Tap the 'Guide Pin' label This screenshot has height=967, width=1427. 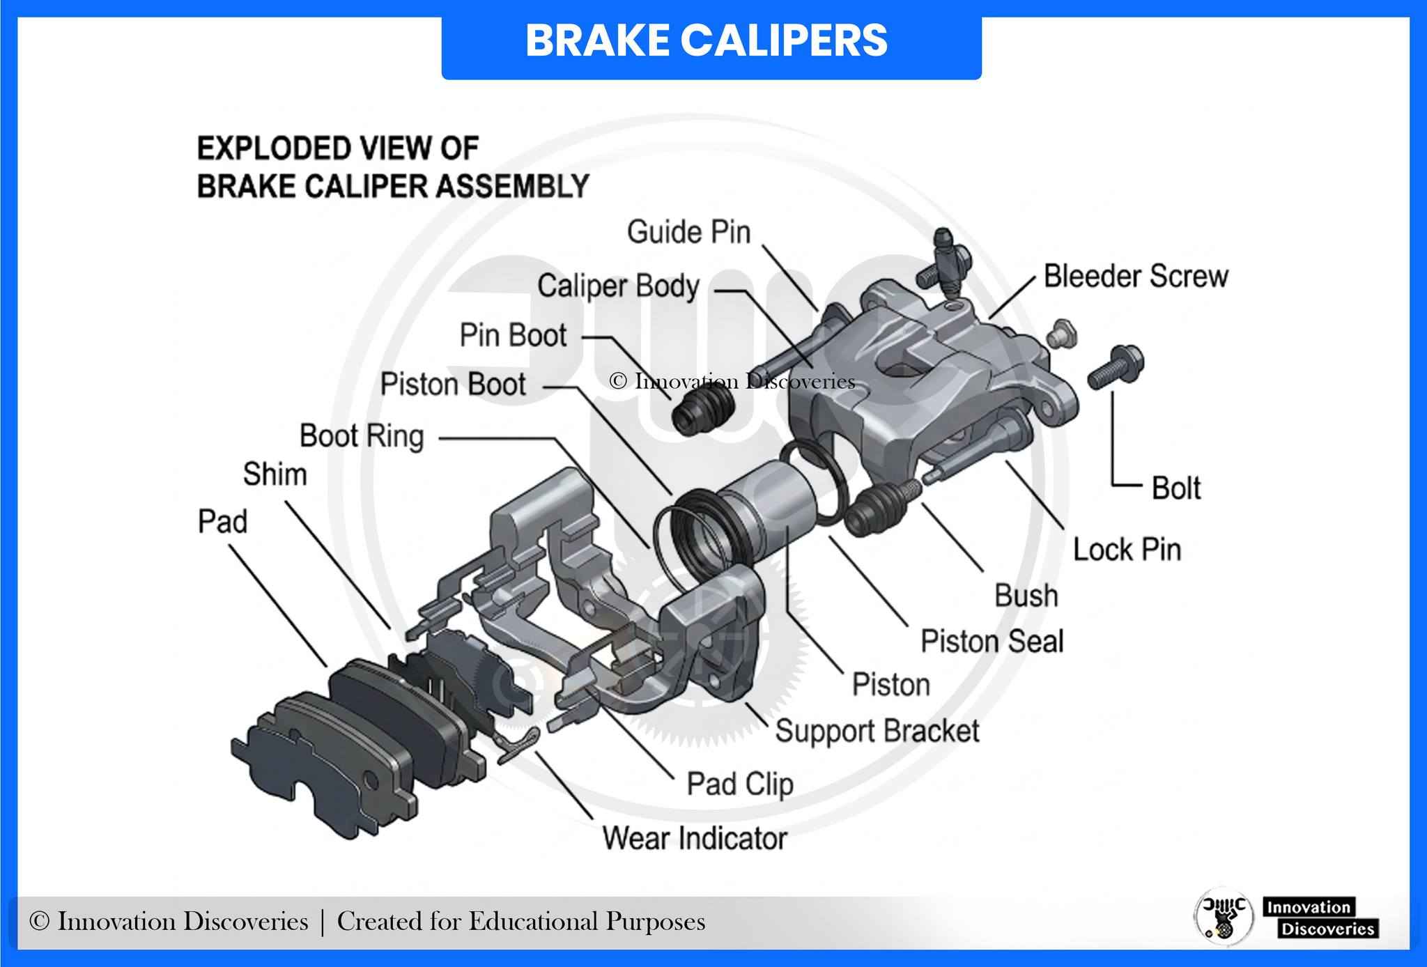point(689,232)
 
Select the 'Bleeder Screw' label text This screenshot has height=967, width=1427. point(1136,276)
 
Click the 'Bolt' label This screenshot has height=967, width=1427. point(1176,488)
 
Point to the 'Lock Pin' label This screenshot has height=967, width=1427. point(1127,550)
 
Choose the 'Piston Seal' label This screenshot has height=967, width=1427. point(992,641)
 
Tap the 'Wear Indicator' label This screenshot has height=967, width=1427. point(695,838)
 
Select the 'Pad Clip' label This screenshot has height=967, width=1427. point(740,784)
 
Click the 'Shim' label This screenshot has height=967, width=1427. point(275,474)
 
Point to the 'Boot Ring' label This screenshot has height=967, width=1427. point(362,437)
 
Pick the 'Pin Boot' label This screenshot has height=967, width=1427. point(514,336)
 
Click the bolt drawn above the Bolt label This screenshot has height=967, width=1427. point(1116,368)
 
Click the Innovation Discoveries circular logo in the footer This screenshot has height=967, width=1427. point(1224,915)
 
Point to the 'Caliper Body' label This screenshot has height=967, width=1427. point(618,286)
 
